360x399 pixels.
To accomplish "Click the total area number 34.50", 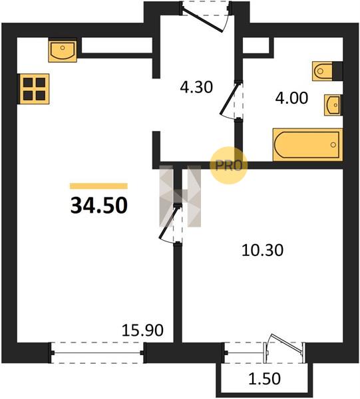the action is [x=98, y=205].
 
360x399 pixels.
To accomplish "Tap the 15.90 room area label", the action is [x=142, y=331].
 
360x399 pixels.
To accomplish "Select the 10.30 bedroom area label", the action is [x=262, y=250].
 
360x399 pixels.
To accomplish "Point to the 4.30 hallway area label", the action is [x=196, y=87].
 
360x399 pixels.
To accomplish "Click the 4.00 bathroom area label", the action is [x=291, y=98].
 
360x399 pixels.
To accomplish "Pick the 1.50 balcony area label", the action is [x=264, y=378].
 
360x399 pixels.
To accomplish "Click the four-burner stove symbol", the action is [x=33, y=89].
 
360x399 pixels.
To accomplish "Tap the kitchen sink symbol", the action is [x=63, y=51].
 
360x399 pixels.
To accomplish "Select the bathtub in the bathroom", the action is [x=307, y=144].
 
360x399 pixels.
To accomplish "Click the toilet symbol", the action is [x=322, y=71].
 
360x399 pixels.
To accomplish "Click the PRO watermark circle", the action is [x=229, y=166].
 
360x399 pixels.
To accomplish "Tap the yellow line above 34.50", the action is [x=98, y=186].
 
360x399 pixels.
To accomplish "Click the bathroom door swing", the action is [x=231, y=100].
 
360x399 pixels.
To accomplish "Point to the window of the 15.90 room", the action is [x=97, y=353].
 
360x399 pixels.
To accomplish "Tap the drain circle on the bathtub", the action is [x=333, y=145].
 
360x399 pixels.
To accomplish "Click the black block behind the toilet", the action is [x=337, y=71].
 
